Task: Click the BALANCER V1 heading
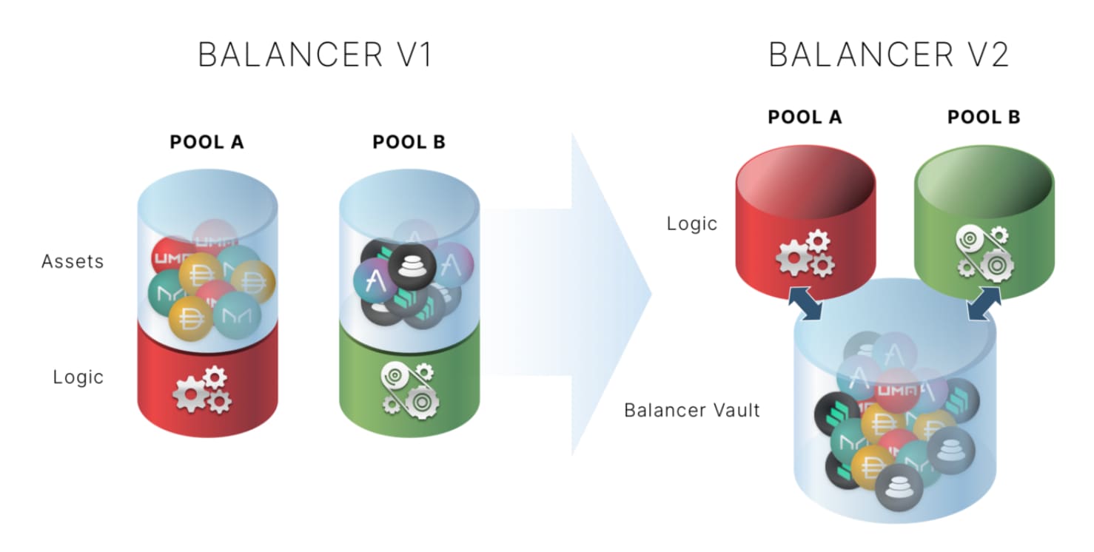315,55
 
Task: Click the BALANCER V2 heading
889,55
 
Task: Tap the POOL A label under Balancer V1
207,142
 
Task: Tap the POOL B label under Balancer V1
409,142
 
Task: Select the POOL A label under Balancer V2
805,117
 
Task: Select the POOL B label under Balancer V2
984,117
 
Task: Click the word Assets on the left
73,261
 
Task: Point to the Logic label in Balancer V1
78,377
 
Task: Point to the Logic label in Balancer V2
692,223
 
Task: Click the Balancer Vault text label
692,410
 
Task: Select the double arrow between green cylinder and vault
984,304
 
